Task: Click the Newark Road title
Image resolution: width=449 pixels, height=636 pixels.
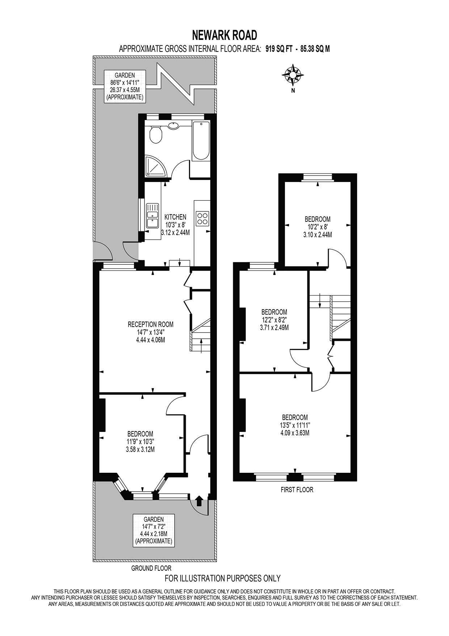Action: click(x=224, y=35)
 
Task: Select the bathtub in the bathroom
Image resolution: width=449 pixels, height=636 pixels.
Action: click(x=201, y=141)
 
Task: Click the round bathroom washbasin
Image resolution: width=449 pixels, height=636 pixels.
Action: click(x=173, y=126)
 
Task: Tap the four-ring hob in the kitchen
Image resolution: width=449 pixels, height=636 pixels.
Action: click(x=202, y=218)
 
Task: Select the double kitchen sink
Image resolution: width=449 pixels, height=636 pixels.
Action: click(x=152, y=216)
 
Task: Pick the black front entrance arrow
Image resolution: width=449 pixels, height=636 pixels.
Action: click(x=199, y=501)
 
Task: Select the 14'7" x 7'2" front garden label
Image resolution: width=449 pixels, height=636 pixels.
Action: click(x=154, y=530)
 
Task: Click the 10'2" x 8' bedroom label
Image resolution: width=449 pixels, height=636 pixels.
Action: click(x=318, y=227)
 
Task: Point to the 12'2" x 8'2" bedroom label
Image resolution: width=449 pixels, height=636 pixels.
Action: click(x=274, y=319)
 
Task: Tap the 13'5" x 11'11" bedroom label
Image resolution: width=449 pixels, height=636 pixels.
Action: click(x=295, y=425)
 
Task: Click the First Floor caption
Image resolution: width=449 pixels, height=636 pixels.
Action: click(x=297, y=490)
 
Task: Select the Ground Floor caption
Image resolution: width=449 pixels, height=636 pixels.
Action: click(x=151, y=568)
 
